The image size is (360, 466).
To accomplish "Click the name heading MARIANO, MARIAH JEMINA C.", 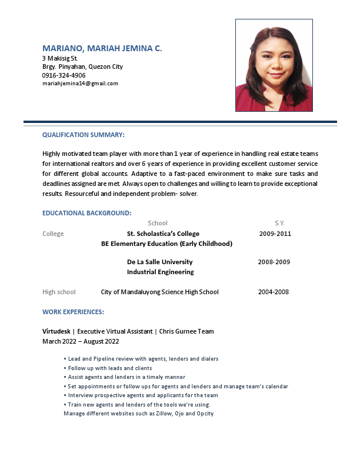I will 102,48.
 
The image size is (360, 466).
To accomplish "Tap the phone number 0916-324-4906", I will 64,75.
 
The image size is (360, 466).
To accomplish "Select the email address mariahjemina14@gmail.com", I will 80,84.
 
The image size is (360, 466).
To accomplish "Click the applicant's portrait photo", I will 274,65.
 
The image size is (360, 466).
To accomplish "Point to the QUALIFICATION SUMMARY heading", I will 84,135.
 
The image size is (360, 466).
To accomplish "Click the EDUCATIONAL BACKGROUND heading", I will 86,213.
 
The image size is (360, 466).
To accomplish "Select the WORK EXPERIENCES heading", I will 73,312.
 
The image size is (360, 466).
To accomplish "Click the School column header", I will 158,223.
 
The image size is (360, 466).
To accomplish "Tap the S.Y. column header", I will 279,223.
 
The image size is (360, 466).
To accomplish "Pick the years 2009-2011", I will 275,234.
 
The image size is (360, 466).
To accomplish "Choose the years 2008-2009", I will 274,262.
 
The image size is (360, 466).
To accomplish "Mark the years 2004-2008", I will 273,292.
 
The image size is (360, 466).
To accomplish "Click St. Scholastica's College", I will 163,234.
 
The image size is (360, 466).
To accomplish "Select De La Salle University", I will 159,262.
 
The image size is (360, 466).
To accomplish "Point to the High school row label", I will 59,292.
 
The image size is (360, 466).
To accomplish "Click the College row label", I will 53,234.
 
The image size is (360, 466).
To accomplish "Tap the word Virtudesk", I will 56,332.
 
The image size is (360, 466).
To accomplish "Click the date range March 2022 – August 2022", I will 81,341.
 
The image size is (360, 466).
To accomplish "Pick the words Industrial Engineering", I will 160,272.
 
